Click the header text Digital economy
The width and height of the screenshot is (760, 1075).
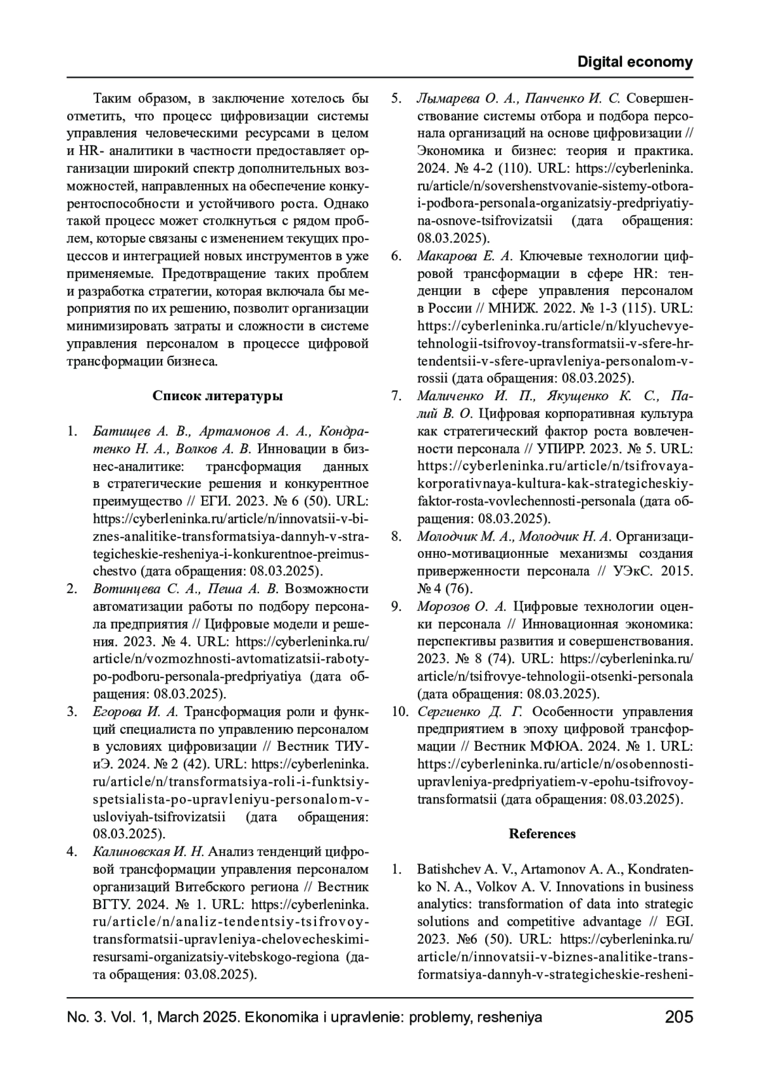click(x=635, y=62)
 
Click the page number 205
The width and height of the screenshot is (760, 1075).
click(x=679, y=1017)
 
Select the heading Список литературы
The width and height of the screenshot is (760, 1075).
click(x=217, y=396)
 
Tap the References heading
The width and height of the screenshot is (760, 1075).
click(x=542, y=834)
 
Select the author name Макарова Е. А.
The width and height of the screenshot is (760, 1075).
click(x=464, y=256)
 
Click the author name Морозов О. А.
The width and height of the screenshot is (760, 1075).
click(x=462, y=607)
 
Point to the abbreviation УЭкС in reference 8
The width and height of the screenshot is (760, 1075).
click(x=633, y=571)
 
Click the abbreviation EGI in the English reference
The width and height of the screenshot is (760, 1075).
click(x=680, y=921)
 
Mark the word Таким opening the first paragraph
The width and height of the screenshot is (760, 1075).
click(x=113, y=99)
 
